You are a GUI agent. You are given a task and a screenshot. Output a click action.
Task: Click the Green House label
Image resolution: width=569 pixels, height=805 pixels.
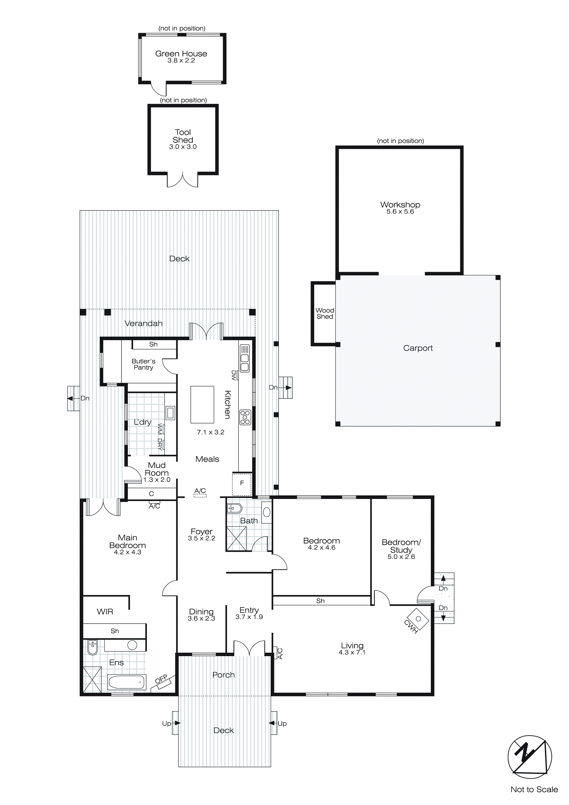pyautogui.click(x=181, y=54)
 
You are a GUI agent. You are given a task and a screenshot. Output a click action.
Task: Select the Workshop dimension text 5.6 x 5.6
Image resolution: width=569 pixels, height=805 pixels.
pyautogui.click(x=400, y=212)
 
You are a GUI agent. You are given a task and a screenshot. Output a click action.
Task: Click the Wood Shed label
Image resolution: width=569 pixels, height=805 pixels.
pyautogui.click(x=325, y=313)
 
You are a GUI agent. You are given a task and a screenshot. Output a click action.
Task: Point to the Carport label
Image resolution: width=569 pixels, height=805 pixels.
pyautogui.click(x=418, y=348)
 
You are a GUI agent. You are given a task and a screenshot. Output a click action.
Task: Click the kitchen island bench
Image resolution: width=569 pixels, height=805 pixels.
pyautogui.click(x=202, y=405)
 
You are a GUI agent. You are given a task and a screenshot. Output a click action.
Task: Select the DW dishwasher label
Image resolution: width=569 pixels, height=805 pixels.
pyautogui.click(x=234, y=375)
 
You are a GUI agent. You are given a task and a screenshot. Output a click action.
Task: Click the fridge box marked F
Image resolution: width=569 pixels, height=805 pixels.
pyautogui.click(x=242, y=484)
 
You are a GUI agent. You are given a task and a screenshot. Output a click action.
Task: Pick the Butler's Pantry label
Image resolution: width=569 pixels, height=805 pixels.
pyautogui.click(x=143, y=364)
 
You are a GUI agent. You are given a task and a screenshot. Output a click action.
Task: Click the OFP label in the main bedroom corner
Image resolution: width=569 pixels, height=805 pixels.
pyautogui.click(x=162, y=679)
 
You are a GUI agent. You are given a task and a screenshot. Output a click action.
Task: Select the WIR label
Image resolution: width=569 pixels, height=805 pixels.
pyautogui.click(x=105, y=612)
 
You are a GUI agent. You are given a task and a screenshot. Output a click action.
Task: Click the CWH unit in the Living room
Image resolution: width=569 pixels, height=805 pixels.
pyautogui.click(x=418, y=619)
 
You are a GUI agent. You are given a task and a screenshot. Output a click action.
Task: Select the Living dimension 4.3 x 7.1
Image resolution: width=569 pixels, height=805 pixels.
pyautogui.click(x=352, y=652)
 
